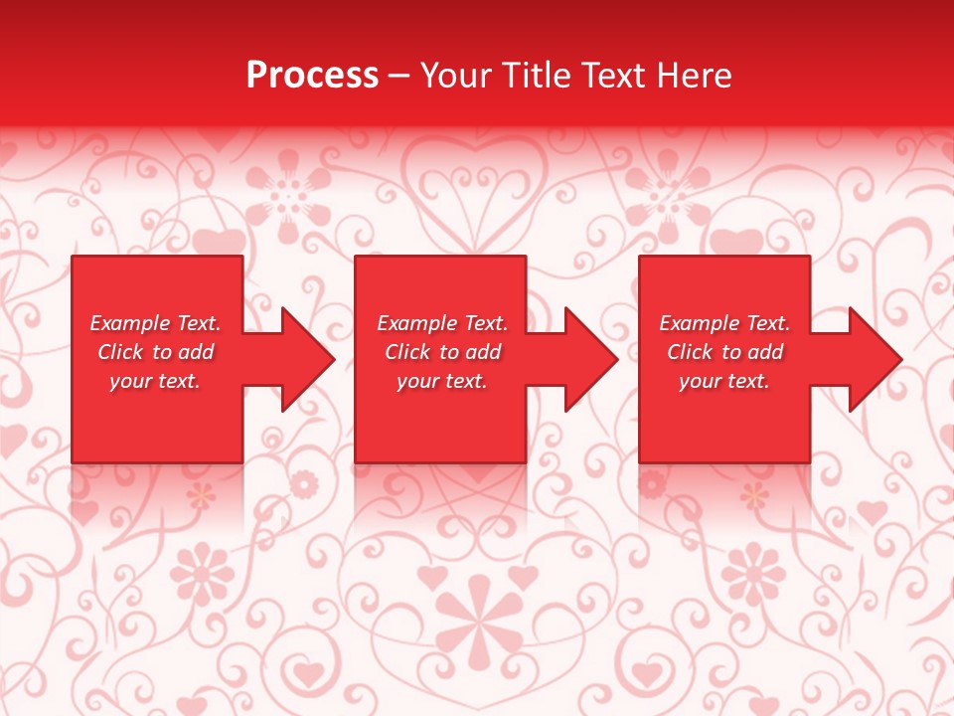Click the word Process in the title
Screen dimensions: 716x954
[x=312, y=76]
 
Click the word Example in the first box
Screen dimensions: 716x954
[x=129, y=323]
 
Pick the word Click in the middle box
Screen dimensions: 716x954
[x=406, y=352]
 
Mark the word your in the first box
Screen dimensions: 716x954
[x=130, y=381]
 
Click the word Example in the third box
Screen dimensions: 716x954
[x=699, y=323]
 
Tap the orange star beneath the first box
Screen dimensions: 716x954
[x=202, y=494]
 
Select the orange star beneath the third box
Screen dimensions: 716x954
[x=754, y=494]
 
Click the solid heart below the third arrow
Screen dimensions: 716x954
[x=872, y=512]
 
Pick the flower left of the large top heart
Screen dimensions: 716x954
[x=288, y=194]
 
